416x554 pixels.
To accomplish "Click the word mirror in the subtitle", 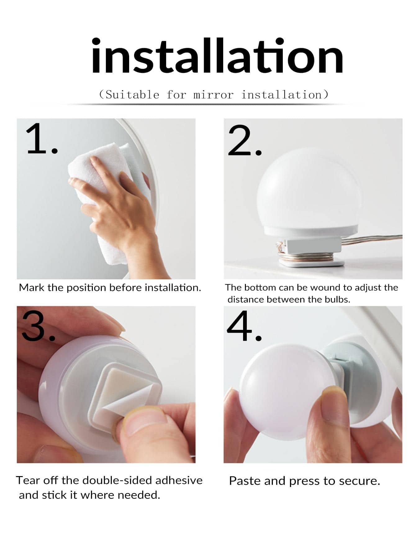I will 213,94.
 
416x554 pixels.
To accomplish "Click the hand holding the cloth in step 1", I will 124,211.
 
